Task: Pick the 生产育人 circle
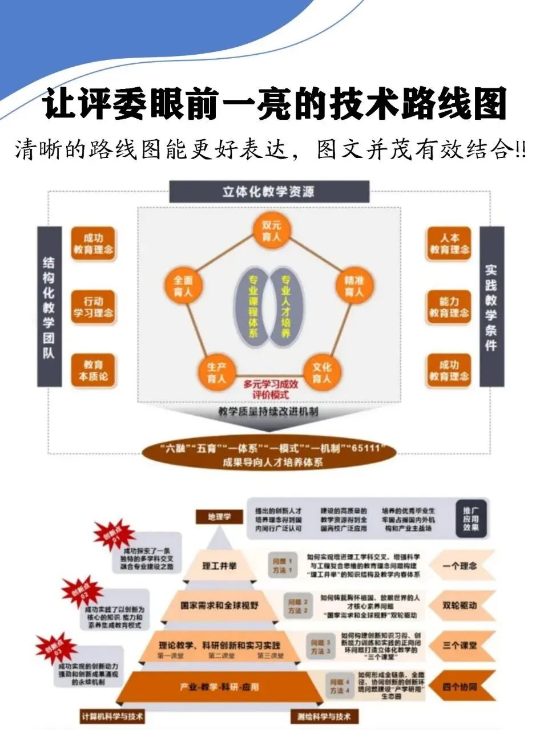pos(217,372)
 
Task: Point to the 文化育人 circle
pos(321,372)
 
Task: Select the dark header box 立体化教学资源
pos(269,191)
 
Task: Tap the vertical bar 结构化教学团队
pos(49,307)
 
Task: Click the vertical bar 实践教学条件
pos(491,307)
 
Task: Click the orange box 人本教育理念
pos(450,244)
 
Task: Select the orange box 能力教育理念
pos(450,307)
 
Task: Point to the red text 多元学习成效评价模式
pos(271,389)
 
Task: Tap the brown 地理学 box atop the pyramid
pos(219,517)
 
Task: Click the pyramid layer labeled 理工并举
pos(219,566)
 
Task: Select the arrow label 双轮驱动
pos(460,606)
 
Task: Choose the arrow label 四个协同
pos(460,687)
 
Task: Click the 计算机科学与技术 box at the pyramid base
pos(112,716)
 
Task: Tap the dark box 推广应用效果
pos(472,518)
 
